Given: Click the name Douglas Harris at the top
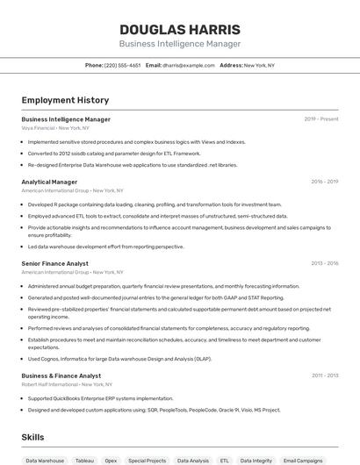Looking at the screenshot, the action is pyautogui.click(x=179, y=29).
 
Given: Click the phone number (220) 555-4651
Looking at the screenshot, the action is pyautogui.click(x=122, y=65).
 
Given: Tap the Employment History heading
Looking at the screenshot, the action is pyautogui.click(x=65, y=100).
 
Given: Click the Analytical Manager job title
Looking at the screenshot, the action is pyautogui.click(x=49, y=182).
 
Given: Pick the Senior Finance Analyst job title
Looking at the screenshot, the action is pyautogui.click(x=54, y=263).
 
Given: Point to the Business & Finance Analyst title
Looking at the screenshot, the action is pyautogui.click(x=61, y=376).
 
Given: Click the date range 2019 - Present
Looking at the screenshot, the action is pyautogui.click(x=320, y=118).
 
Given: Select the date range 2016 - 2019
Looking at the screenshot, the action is pyautogui.click(x=324, y=182).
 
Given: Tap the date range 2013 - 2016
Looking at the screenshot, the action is pyautogui.click(x=324, y=263).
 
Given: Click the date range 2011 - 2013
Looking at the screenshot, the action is pyautogui.click(x=324, y=376).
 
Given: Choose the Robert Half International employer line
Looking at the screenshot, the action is pyautogui.click(x=67, y=384).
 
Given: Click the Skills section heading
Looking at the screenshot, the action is pyautogui.click(x=32, y=437).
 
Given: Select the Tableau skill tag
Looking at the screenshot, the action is pyautogui.click(x=84, y=460).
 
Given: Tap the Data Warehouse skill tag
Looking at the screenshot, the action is pyautogui.click(x=45, y=460).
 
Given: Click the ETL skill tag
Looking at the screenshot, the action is pyautogui.click(x=224, y=460).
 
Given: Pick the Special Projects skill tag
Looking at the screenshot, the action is pyautogui.click(x=147, y=460).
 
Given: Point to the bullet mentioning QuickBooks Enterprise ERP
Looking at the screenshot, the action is pyautogui.click(x=101, y=398).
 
